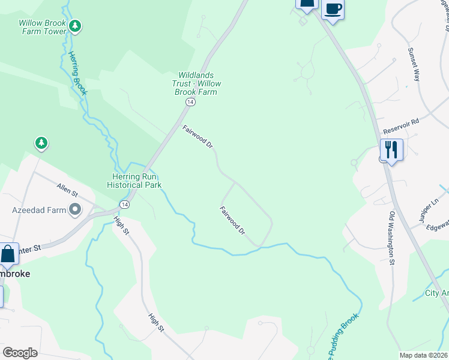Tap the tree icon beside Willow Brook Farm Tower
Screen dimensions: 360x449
[75, 26]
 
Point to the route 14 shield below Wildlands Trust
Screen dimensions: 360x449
[190, 103]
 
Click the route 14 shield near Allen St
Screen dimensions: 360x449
[124, 205]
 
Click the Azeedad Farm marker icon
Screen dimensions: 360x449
[75, 210]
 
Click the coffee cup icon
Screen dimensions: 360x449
[333, 9]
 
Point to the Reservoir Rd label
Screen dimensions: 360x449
[401, 126]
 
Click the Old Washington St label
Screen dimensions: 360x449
[391, 238]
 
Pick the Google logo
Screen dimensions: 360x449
[20, 352]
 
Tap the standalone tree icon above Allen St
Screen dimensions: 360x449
[41, 143]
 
